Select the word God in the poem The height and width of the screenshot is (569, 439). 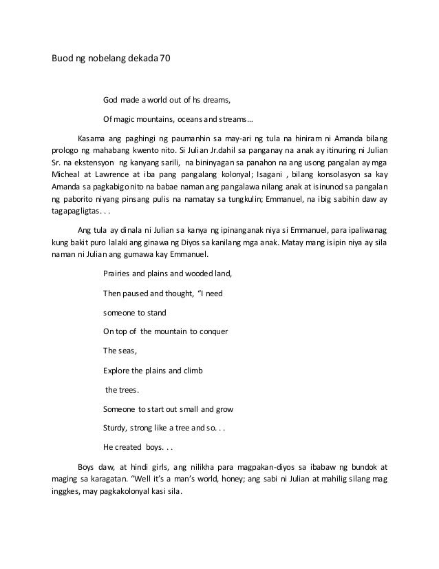click(111, 101)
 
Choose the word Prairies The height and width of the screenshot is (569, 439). click(117, 273)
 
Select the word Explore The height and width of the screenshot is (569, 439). click(116, 370)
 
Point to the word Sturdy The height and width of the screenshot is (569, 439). click(115, 428)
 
